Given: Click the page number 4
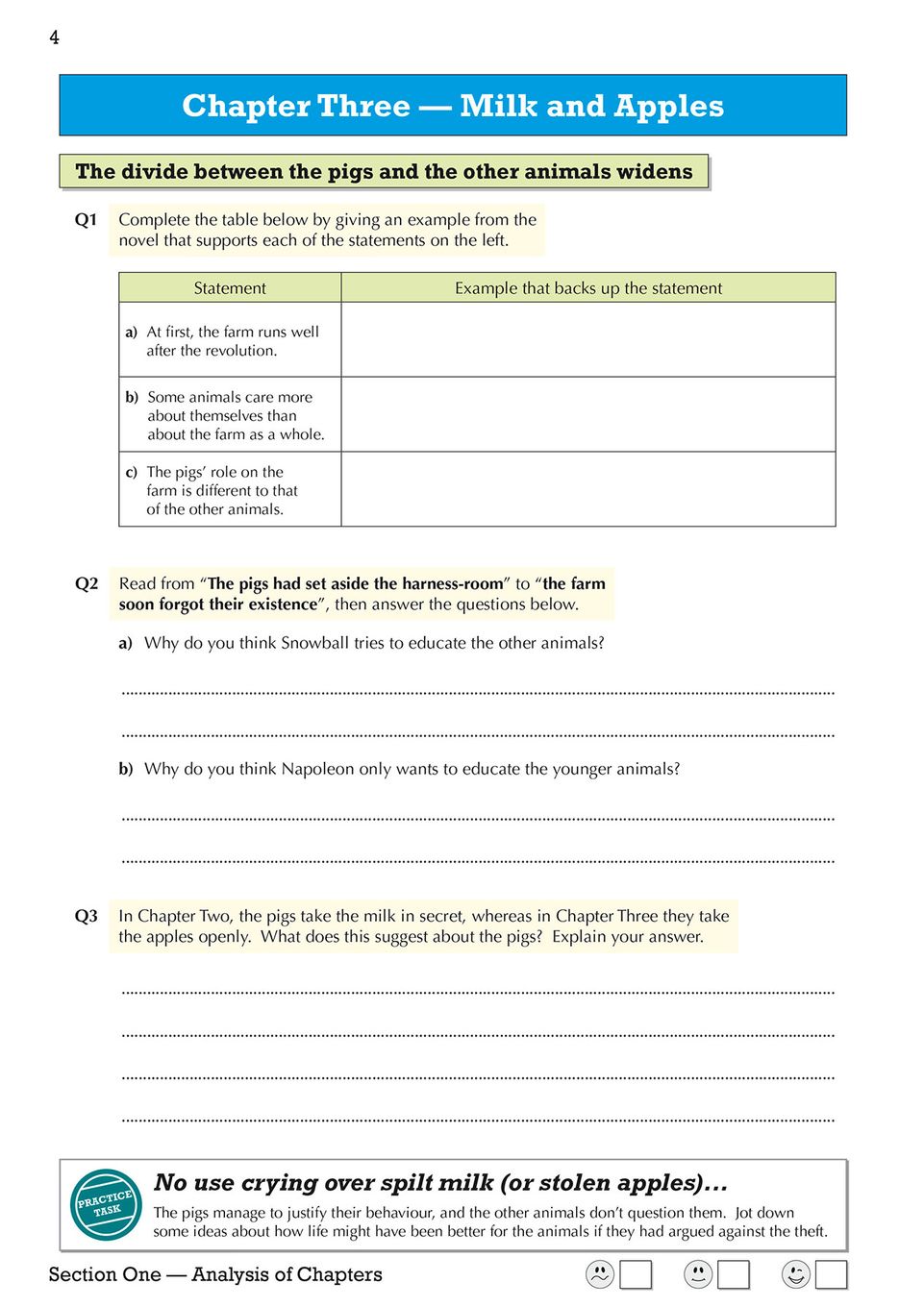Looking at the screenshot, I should click(x=54, y=37).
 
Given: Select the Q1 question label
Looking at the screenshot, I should click(x=86, y=220).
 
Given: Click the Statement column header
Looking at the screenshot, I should click(x=230, y=288).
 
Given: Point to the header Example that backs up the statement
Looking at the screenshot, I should click(x=587, y=288).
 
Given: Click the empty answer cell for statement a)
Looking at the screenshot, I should click(x=587, y=340).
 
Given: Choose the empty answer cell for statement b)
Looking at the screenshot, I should click(x=587, y=415).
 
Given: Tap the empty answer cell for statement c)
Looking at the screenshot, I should click(x=587, y=490).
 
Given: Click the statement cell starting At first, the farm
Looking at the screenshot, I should click(x=231, y=341).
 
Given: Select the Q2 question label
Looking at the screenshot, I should click(x=86, y=584).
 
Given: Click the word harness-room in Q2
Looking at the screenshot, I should click(x=452, y=584).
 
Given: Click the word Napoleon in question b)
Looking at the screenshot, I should click(x=317, y=769).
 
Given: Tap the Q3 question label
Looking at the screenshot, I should click(x=86, y=916).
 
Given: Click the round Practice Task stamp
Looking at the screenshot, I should click(x=106, y=1204).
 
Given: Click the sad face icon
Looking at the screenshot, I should click(x=599, y=1274).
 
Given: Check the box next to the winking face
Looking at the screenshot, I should click(x=831, y=1274).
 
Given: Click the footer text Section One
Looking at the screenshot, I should click(x=105, y=1274).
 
